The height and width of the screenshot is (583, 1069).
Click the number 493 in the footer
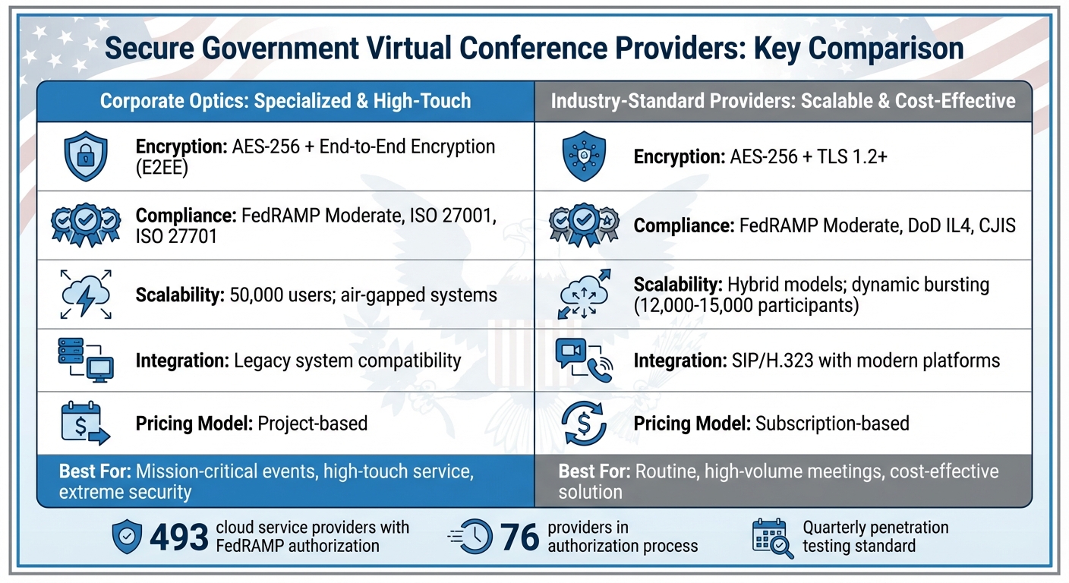coord(178,537)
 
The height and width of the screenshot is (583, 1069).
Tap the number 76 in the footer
coord(520,537)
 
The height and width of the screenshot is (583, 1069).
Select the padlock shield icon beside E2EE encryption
coord(85,156)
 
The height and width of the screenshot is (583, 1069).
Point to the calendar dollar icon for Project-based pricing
coord(84,423)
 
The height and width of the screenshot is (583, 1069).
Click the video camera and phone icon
coord(583,360)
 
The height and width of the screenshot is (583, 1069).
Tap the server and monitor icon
coord(85,360)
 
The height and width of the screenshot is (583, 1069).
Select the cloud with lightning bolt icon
coord(85,294)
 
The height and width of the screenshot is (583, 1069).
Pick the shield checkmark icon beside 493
coord(126,537)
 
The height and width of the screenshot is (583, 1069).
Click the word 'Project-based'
coord(313,423)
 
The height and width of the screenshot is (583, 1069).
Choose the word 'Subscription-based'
coord(832,423)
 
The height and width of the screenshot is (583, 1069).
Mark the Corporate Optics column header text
coord(285,100)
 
